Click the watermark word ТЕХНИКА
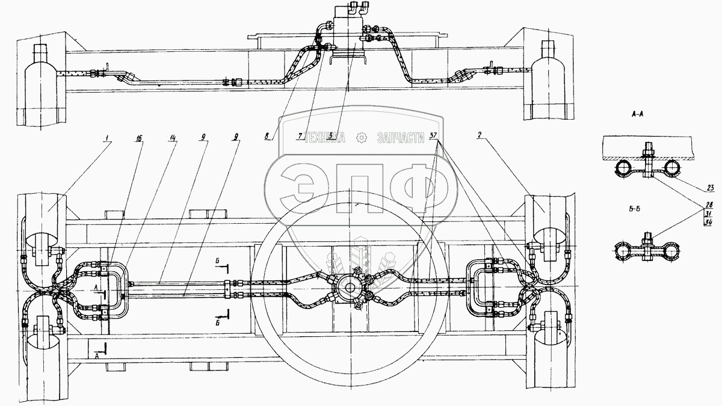pyautogui.click(x=326, y=138)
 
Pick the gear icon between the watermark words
pyautogui.click(x=362, y=138)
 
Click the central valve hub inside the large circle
pyautogui.click(x=349, y=288)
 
